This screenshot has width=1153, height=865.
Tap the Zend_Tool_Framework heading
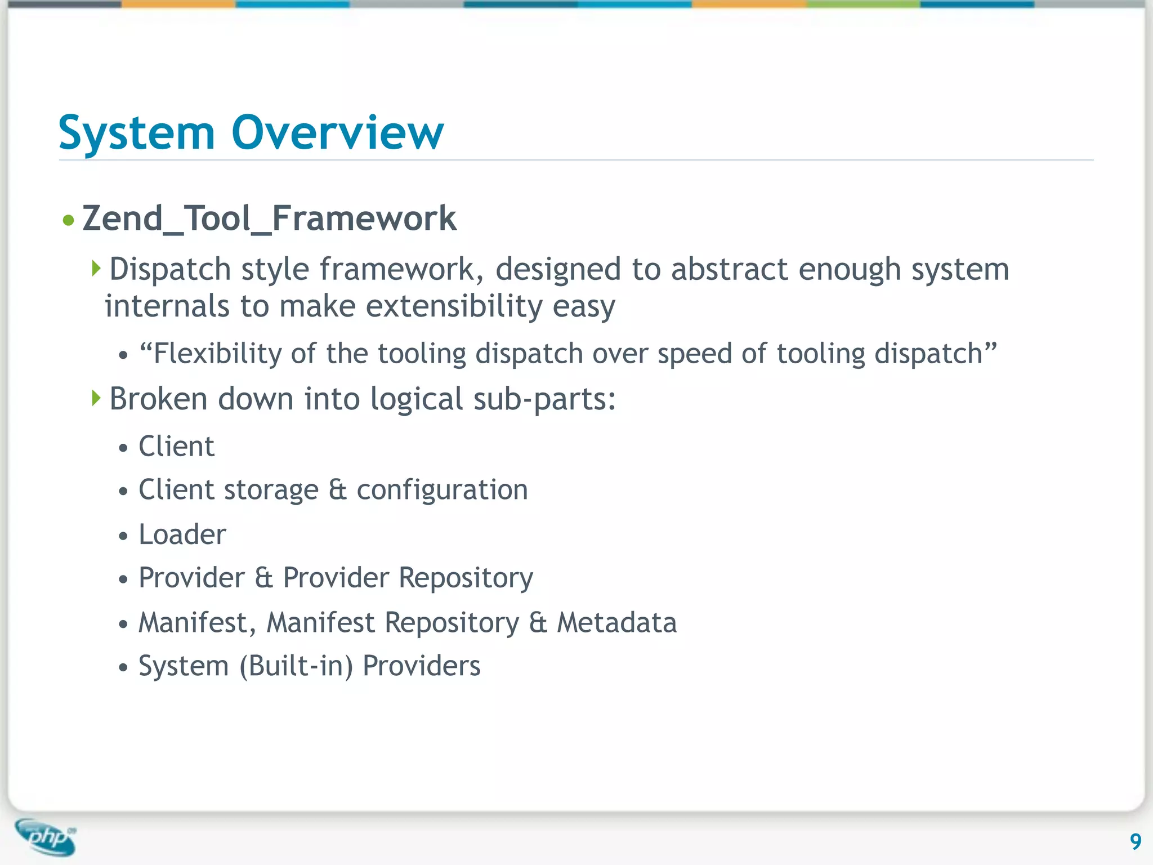pos(269,219)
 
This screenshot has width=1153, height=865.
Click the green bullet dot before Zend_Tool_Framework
pos(69,220)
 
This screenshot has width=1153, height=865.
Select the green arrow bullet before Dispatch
pos(96,268)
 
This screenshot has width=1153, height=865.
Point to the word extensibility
pos(454,306)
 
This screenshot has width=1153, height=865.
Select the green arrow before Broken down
pos(96,398)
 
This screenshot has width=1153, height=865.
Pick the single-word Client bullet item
pos(176,447)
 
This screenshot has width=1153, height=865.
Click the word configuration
pos(442,489)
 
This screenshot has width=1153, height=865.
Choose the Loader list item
pos(182,534)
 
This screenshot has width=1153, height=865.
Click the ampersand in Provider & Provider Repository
pos(263,578)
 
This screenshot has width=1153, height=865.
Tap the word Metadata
pos(616,623)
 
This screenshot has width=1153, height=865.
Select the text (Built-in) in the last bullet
pos(296,666)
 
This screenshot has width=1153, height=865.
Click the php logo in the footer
pos(46,837)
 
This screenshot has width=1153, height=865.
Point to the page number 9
pos(1135,841)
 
